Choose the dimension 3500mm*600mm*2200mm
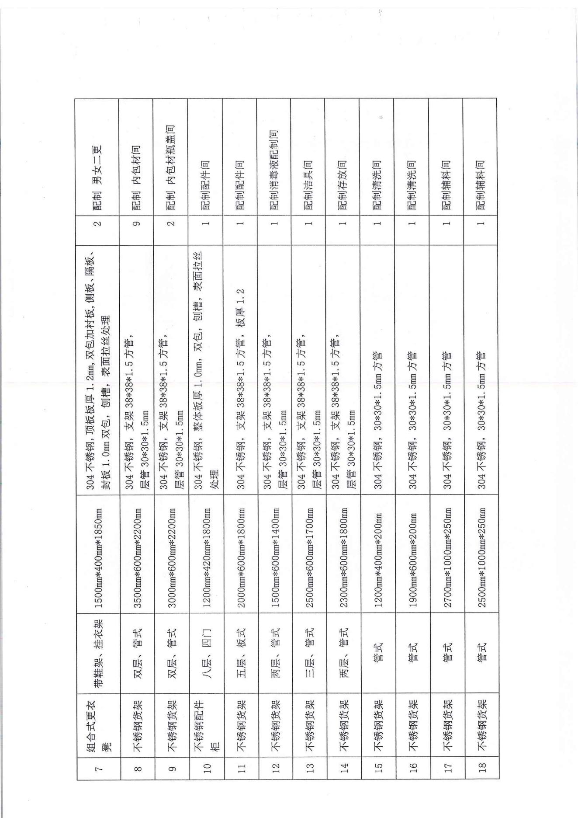click(x=136, y=553)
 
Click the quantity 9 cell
click(x=136, y=223)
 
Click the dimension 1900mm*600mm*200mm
click(x=411, y=553)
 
